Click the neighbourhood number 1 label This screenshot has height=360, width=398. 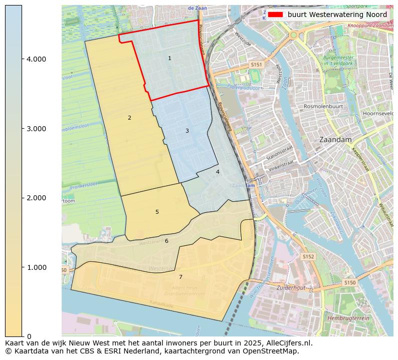click(169, 59)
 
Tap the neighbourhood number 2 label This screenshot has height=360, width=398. click(129, 118)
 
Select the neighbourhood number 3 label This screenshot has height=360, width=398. click(187, 131)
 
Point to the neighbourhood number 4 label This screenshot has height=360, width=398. click(218, 172)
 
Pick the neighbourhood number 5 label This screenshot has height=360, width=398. click(157, 212)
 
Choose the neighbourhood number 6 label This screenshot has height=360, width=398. click(166, 241)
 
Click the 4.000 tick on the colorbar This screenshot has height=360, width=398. click(36, 59)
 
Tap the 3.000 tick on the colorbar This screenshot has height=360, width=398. click(36, 129)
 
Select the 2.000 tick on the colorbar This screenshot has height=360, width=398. click(36, 198)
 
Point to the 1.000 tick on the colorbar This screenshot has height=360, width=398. click(36, 267)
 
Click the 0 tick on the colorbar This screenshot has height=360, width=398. click(29, 336)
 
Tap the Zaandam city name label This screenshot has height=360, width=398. click(334, 140)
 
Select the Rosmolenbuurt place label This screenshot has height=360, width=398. click(323, 107)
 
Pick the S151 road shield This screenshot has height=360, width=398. click(257, 65)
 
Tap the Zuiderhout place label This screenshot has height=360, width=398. click(291, 288)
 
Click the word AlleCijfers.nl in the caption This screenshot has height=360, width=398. click(288, 343)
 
